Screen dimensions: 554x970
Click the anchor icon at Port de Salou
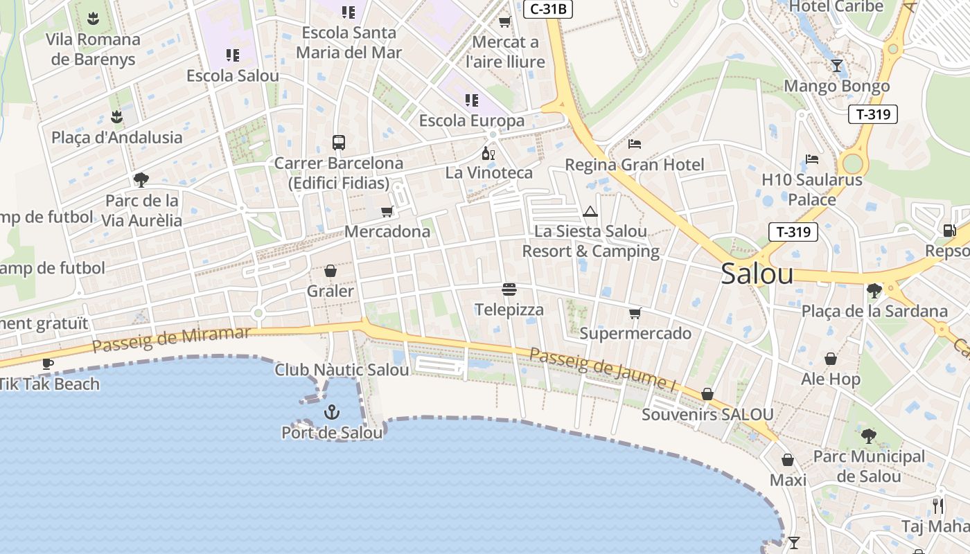(x=332, y=413)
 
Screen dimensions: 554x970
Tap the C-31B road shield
(x=548, y=9)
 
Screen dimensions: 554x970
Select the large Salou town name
(x=757, y=274)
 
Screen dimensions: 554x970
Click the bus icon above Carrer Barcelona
(x=338, y=143)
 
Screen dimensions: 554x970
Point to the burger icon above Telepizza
(x=509, y=289)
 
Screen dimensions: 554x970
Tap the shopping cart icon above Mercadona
(x=387, y=211)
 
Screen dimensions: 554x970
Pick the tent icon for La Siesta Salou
(x=590, y=211)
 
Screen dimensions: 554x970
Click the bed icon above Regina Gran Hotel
(x=635, y=144)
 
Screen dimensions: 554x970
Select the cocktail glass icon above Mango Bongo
(x=837, y=66)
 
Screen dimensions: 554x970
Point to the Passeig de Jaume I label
(x=602, y=368)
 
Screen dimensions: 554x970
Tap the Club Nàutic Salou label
(x=342, y=370)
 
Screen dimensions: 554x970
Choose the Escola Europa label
(x=472, y=120)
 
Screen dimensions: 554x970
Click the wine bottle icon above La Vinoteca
(x=488, y=153)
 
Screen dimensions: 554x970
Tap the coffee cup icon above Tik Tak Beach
(x=47, y=364)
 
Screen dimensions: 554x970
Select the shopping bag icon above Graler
(x=330, y=271)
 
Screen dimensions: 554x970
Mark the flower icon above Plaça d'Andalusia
(x=116, y=117)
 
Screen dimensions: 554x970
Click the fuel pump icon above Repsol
(x=949, y=231)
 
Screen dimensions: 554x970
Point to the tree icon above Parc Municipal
(x=868, y=436)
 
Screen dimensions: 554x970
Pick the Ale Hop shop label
(x=831, y=379)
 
